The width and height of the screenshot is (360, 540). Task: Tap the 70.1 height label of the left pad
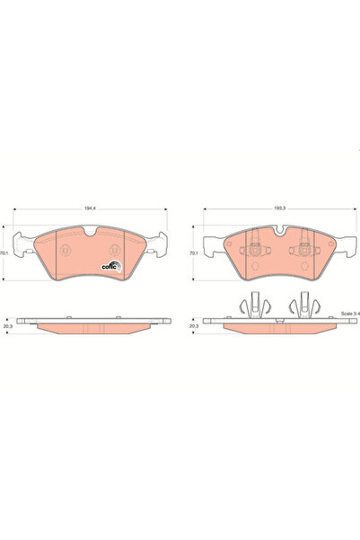tap(5, 254)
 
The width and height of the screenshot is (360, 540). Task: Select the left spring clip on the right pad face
tap(255, 243)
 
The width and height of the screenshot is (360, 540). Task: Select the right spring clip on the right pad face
tap(305, 243)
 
